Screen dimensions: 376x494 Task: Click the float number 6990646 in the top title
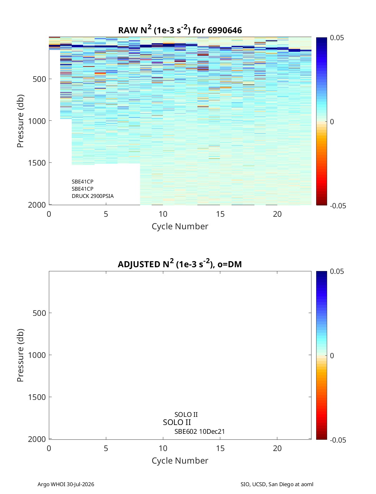pos(225,30)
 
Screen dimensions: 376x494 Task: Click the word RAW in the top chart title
pos(128,30)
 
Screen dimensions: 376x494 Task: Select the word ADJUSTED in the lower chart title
pos(139,264)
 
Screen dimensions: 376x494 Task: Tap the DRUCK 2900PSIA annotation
pos(93,196)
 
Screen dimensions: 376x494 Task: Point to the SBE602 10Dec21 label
pos(200,432)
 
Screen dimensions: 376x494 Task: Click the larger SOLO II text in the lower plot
pos(177,422)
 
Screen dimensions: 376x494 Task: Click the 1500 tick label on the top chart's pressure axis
pos(37,163)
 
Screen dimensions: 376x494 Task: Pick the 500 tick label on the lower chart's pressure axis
pos(39,313)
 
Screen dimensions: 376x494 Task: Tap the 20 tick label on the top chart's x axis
pos(277,214)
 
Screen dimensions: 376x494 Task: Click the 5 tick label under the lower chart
pos(106,448)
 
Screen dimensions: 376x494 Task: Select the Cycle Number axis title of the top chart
pos(180,226)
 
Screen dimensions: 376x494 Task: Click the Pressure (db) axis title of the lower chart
pos(20,355)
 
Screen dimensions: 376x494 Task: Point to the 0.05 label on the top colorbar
pos(337,38)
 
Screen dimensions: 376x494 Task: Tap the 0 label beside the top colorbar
pos(332,122)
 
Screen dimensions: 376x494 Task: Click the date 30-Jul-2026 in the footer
pos(80,484)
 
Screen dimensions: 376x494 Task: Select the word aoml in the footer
pos(307,484)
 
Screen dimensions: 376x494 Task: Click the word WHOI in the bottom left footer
pos(58,484)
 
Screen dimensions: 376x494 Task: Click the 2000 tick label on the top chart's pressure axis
pos(37,205)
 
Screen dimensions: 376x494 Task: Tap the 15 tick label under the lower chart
pos(220,448)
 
